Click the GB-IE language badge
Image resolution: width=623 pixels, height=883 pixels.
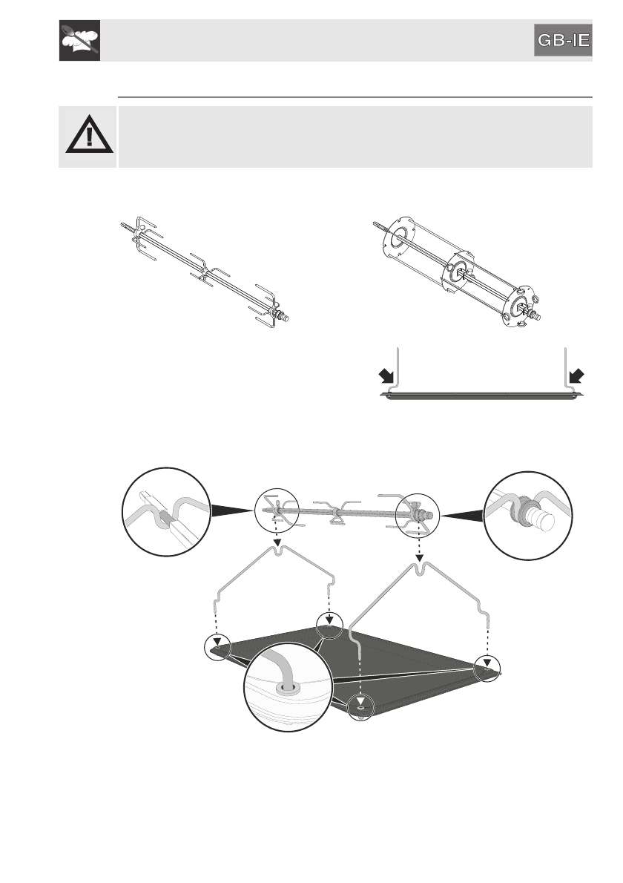point(564,42)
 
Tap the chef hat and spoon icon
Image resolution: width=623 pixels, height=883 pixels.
point(79,42)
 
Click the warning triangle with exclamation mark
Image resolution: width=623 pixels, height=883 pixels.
point(88,137)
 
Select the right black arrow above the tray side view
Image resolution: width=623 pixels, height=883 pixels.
point(576,376)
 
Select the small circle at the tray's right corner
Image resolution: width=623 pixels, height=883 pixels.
point(487,665)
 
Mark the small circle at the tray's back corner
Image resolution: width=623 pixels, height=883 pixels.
point(329,624)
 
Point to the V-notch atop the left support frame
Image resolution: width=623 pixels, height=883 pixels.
point(277,550)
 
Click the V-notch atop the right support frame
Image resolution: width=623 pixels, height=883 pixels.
point(419,569)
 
